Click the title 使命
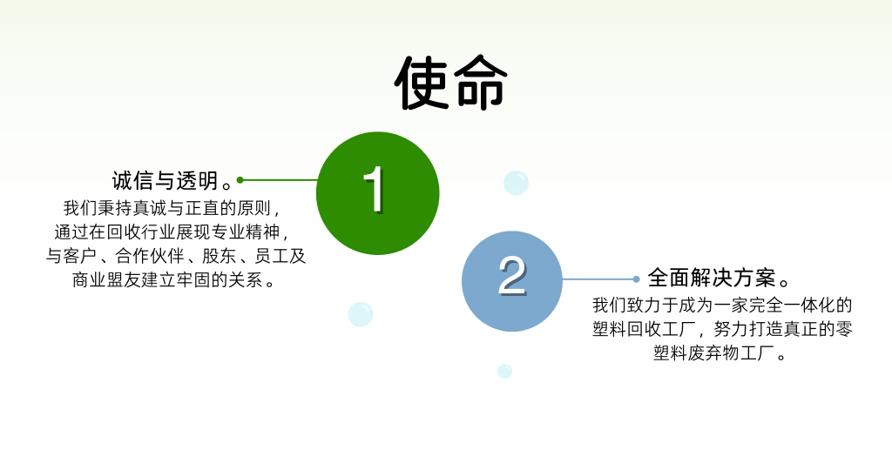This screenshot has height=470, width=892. point(450,83)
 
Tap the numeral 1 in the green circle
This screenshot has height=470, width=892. point(375,190)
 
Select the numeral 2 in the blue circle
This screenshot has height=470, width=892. point(512,276)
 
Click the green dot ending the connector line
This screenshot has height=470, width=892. point(240,180)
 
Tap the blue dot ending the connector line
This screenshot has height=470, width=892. point(636,279)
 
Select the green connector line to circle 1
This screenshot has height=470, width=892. point(280,180)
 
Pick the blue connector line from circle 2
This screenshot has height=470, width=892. point(598,279)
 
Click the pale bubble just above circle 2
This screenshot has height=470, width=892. point(516,183)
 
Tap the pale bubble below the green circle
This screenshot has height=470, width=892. point(361,314)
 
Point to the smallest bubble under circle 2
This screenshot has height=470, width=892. point(504,371)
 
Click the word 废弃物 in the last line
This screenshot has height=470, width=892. point(713,352)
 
